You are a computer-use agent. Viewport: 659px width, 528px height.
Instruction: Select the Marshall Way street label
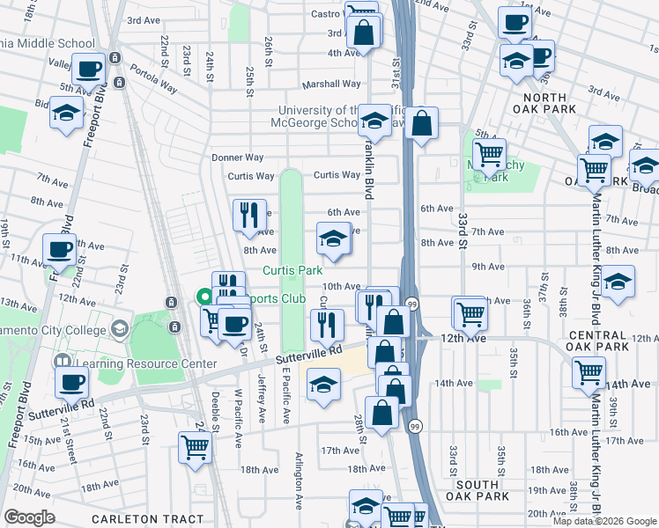coord(331,84)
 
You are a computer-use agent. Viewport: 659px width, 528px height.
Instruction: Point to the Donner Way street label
coord(238,158)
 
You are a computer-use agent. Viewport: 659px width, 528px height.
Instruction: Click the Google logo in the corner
coord(30,517)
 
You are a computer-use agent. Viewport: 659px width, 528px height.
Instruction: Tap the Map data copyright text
coord(604,521)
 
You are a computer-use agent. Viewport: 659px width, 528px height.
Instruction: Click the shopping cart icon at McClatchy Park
coord(489,154)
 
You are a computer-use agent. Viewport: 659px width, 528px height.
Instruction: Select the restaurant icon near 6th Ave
coord(249,214)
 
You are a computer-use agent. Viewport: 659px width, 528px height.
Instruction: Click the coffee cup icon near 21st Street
coord(71,382)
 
